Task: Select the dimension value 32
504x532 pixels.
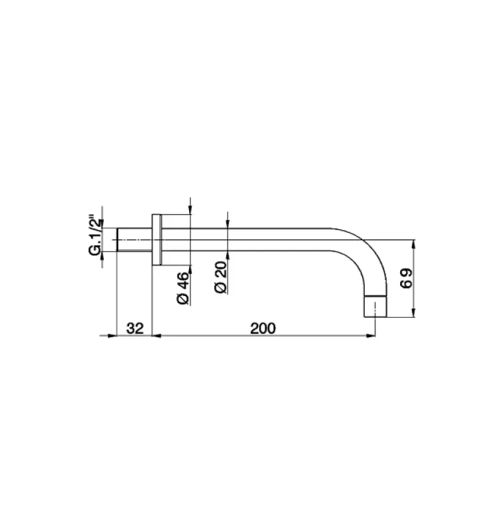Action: [135, 328]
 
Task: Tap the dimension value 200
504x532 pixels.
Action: [263, 328]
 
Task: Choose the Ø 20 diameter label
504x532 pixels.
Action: [221, 277]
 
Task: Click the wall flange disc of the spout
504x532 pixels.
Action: [157, 240]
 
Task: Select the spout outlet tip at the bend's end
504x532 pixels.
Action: [377, 307]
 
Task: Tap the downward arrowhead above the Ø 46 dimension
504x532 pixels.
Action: [190, 211]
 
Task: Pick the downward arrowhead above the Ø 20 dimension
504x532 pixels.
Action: [228, 225]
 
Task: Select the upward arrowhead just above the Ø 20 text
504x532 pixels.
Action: [228, 255]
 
